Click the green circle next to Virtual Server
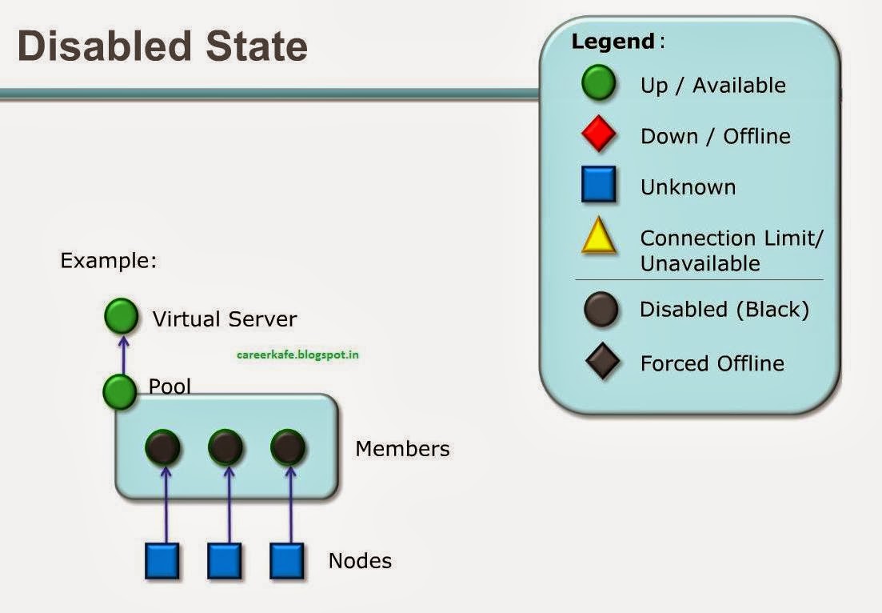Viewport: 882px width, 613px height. click(x=122, y=316)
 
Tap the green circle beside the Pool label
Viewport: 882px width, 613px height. click(x=120, y=391)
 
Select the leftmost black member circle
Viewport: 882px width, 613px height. click(x=163, y=447)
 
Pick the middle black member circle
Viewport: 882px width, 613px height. click(x=225, y=447)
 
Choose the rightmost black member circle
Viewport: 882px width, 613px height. click(x=288, y=447)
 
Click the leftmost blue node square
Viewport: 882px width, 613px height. click(x=162, y=560)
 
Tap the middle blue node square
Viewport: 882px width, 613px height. click(x=225, y=560)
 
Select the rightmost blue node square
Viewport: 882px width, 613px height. click(x=286, y=560)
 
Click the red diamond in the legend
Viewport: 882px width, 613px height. click(x=598, y=134)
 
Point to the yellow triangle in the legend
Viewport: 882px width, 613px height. click(x=598, y=238)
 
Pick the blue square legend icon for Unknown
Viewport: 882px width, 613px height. click(x=598, y=184)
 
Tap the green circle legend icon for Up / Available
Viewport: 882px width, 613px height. click(x=598, y=83)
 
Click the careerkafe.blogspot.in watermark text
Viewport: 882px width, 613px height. click(x=297, y=354)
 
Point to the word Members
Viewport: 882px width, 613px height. click(x=402, y=449)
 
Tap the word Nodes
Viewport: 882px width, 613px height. click(x=360, y=561)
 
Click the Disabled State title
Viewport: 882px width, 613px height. click(x=162, y=46)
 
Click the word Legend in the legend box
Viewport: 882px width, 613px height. click(x=613, y=42)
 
